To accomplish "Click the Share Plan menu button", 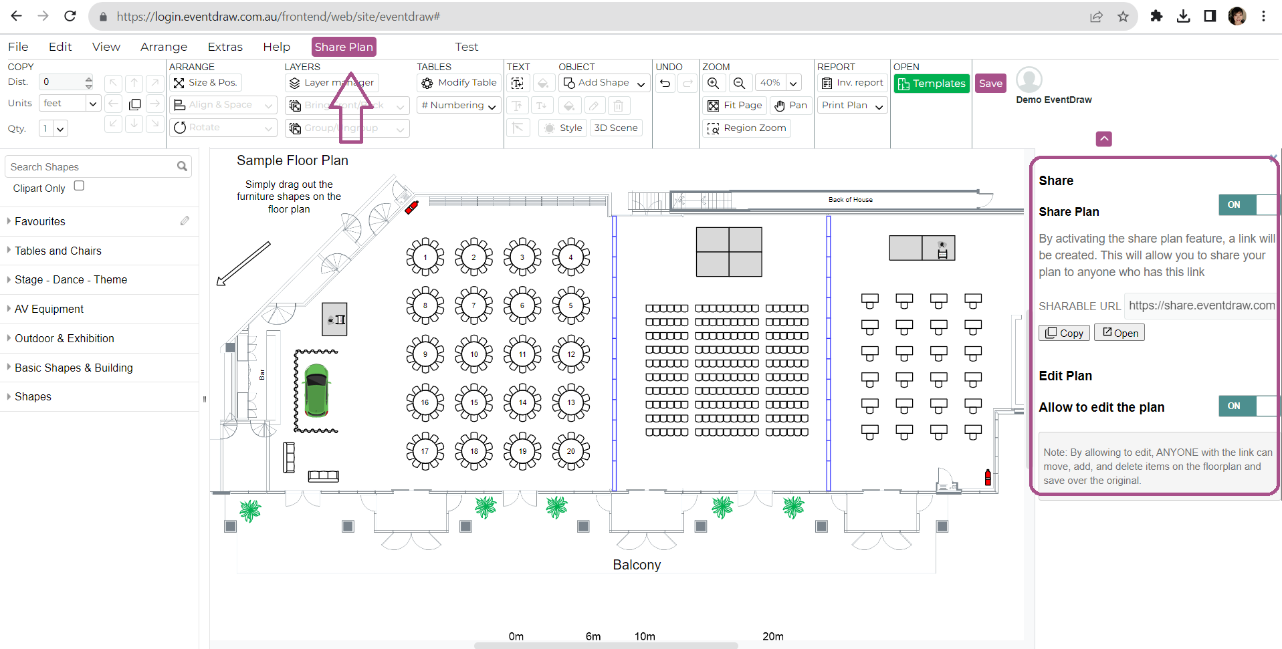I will [344, 47].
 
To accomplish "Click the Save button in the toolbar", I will [990, 84].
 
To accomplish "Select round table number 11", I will [522, 354].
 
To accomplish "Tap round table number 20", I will [570, 451].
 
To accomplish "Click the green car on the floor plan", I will [316, 390].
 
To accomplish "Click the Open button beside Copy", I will [1119, 333].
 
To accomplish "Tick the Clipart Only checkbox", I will [79, 186].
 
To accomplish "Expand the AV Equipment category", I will [49, 309].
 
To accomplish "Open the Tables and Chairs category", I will [58, 251].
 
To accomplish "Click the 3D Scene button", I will [615, 128].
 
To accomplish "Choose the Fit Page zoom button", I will [735, 106].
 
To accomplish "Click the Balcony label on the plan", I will [637, 565].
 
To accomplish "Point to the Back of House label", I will [850, 200].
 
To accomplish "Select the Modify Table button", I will [459, 83].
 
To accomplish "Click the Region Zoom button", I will [747, 128].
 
